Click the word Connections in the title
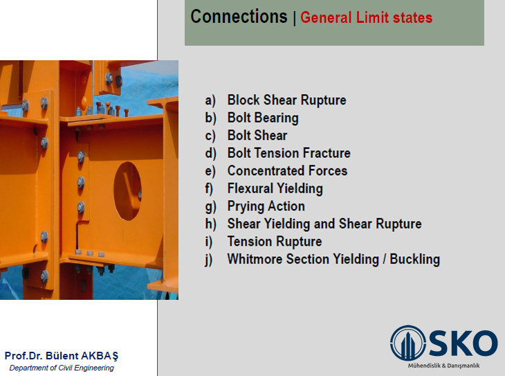pos(239,17)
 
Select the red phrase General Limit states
pos(366,17)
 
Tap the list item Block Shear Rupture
pos(286,100)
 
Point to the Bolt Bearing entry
pos(263,118)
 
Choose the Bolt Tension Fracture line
pos(289,153)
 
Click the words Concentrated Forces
pos(287,170)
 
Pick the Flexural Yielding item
pos(275,188)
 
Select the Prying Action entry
pos(266,206)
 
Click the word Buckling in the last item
pos(414,259)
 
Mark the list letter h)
pos(210,224)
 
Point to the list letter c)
pos(210,136)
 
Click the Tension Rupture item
pos(275,242)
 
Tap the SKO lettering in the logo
pos(463,343)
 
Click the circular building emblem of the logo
pos(407,343)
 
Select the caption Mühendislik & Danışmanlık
pos(443,366)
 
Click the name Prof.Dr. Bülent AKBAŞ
pos(62,356)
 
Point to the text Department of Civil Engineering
pos(62,368)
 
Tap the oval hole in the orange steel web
pos(127,191)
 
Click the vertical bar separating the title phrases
pos(295,18)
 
